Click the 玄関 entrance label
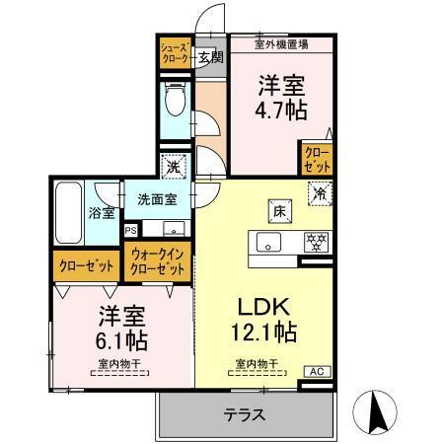click(210, 55)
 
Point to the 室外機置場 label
click(281, 43)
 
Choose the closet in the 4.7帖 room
click(317, 160)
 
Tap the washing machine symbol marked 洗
click(174, 168)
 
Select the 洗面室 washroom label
click(156, 198)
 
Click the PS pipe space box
click(131, 230)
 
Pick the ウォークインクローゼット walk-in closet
click(158, 261)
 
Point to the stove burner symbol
click(316, 241)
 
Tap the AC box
click(317, 371)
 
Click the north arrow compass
click(379, 411)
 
